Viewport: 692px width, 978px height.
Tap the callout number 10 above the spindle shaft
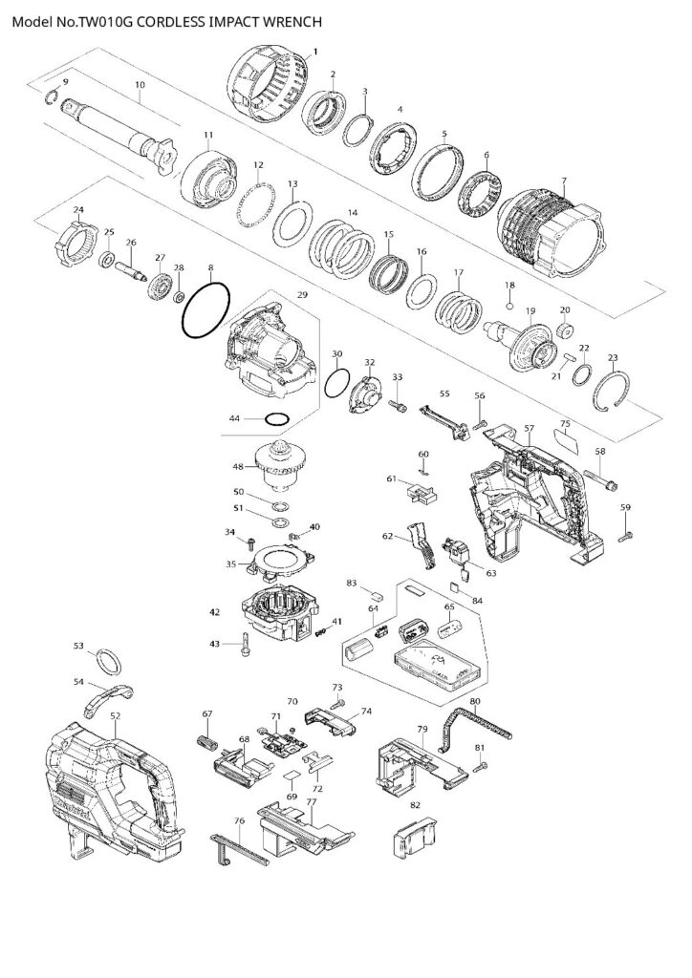pos(140,86)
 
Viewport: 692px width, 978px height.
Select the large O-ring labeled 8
pos(205,310)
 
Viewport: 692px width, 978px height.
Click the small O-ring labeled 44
pos(277,418)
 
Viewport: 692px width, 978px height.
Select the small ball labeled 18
pos(510,306)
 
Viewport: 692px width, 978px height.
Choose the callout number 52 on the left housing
pos(115,714)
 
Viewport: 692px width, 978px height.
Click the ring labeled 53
pos(110,661)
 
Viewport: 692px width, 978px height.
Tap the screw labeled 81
pos(479,766)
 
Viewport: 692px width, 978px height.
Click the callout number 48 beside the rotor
pos(239,467)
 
